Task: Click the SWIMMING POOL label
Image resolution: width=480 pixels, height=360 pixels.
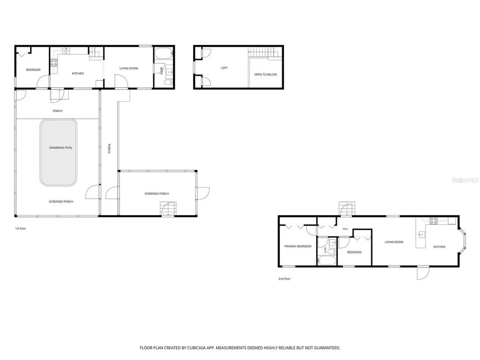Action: pyautogui.click(x=60, y=148)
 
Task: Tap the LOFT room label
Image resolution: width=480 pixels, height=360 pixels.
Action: pyautogui.click(x=224, y=68)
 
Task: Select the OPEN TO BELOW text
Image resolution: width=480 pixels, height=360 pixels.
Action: pyautogui.click(x=265, y=75)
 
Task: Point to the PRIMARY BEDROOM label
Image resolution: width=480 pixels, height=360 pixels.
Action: pyautogui.click(x=298, y=247)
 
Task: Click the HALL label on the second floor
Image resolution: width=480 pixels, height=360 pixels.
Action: pyautogui.click(x=345, y=229)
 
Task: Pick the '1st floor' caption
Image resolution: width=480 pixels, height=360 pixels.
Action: pyautogui.click(x=21, y=228)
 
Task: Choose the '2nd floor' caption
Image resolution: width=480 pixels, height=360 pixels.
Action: pyautogui.click(x=285, y=279)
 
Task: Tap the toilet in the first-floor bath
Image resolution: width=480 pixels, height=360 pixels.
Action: pyautogui.click(x=168, y=82)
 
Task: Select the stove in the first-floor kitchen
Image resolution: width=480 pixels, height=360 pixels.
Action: pyautogui.click(x=54, y=63)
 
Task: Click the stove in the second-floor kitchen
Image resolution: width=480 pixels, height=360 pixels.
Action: pyautogui.click(x=434, y=221)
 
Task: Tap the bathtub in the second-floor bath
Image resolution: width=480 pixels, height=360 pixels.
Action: pyautogui.click(x=327, y=261)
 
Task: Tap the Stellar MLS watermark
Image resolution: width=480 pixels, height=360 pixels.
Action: pyautogui.click(x=465, y=180)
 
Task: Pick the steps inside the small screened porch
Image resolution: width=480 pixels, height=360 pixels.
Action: pyautogui.click(x=168, y=209)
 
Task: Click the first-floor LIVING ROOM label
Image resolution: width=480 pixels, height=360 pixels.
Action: pyautogui.click(x=128, y=68)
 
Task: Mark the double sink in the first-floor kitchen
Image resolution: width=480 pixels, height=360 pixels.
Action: pyautogui.click(x=66, y=51)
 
